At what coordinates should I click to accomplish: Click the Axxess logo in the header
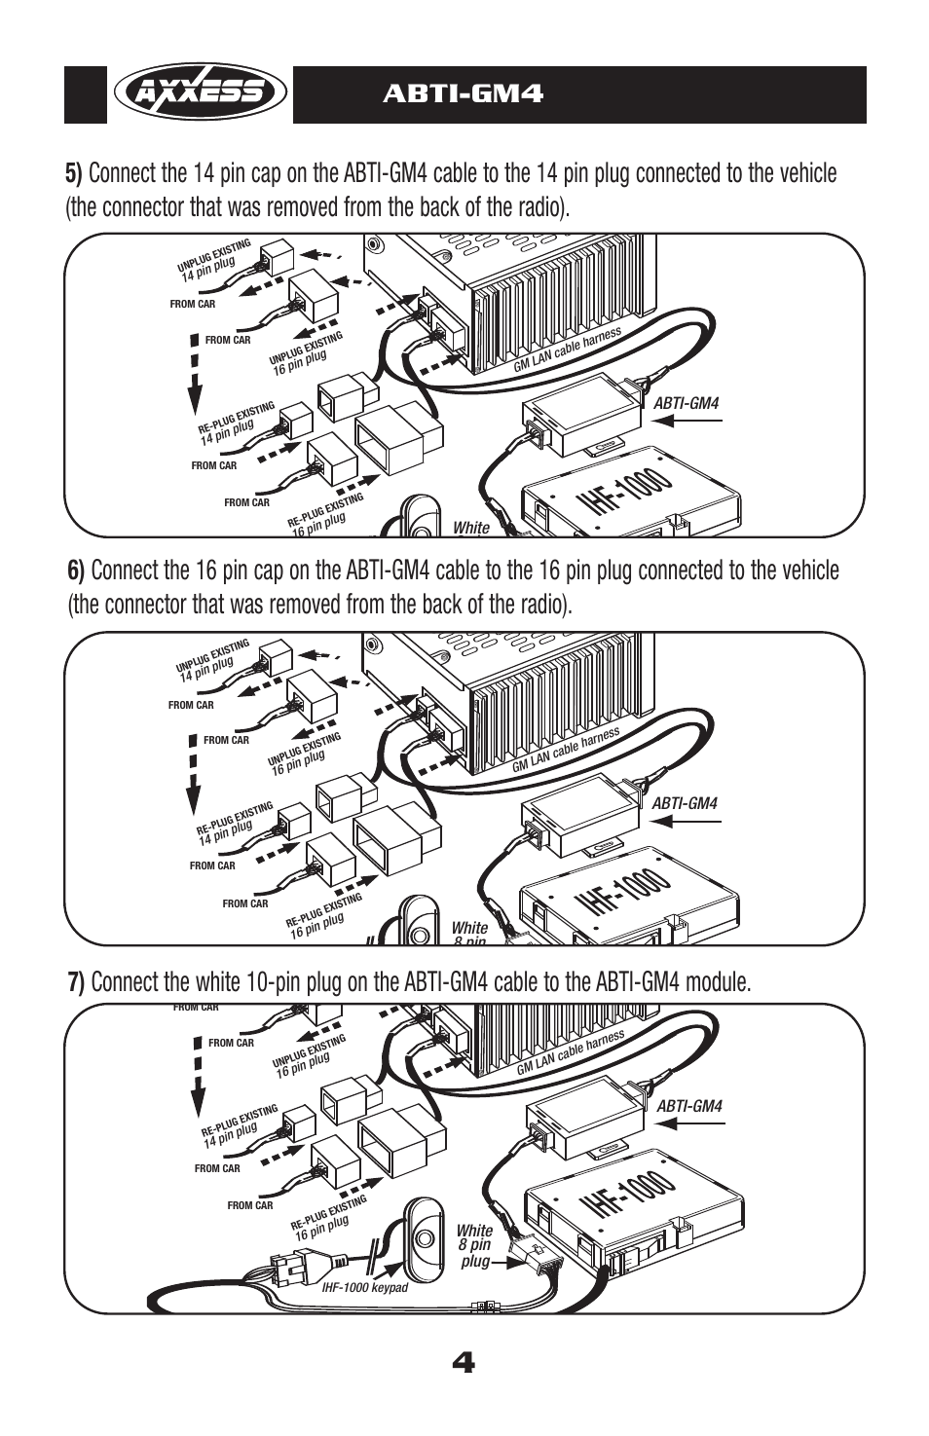[x=200, y=93]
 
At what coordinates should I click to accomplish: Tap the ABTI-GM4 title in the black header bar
[x=463, y=93]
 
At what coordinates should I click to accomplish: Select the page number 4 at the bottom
[x=464, y=1363]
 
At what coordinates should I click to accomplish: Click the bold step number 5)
[x=75, y=174]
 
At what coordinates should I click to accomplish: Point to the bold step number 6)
[x=77, y=571]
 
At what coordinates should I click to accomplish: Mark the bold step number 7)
[x=77, y=982]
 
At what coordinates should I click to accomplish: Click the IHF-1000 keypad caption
[x=365, y=1287]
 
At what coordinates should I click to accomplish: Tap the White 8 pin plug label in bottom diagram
[x=474, y=1245]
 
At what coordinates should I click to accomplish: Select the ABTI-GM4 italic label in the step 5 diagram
[x=686, y=402]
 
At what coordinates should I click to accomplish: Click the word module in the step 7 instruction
[x=719, y=982]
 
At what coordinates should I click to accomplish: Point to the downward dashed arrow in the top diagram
[x=195, y=375]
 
